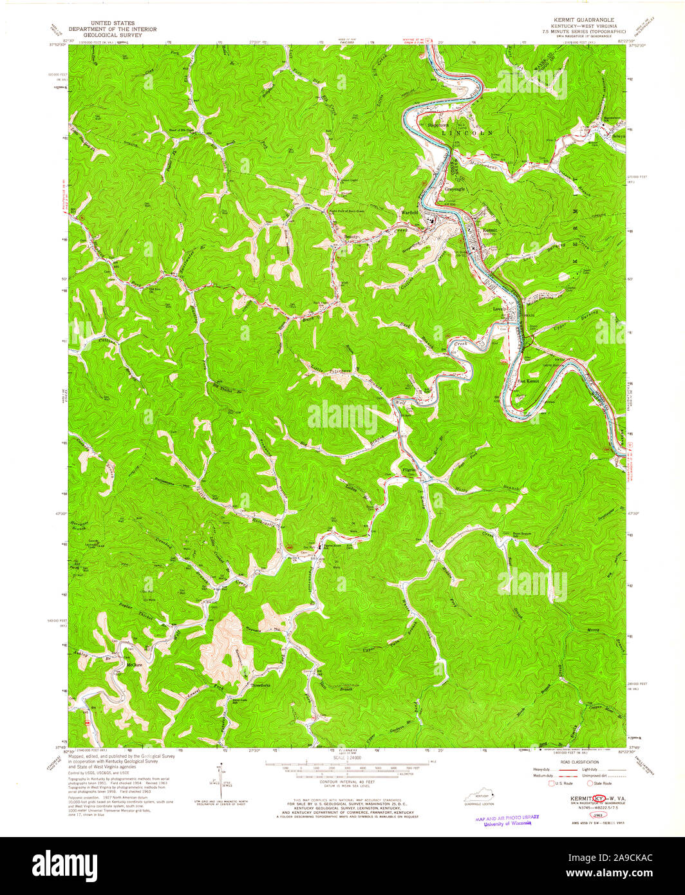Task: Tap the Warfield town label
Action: tap(410, 212)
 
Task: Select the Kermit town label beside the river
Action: tap(491, 231)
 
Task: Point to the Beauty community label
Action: tap(351, 237)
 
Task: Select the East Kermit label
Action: tap(528, 381)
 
